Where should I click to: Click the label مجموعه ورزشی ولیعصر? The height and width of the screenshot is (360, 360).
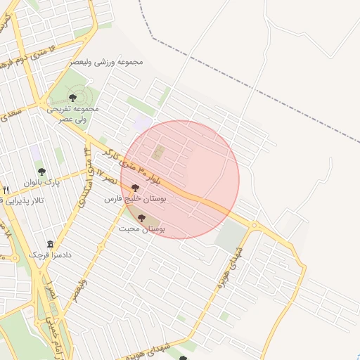coord(106,62)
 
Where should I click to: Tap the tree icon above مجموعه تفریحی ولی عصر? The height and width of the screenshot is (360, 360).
coord(73,97)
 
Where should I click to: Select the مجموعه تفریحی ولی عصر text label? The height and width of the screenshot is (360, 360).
coord(73,115)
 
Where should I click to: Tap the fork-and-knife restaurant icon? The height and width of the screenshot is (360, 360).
coord(6,190)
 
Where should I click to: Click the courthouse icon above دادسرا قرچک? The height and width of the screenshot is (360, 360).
coord(50,243)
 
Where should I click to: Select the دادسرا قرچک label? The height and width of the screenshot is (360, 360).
coord(49,255)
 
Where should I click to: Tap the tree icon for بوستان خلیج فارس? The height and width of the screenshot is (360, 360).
coord(135,187)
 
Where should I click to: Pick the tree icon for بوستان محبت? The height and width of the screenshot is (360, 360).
coord(142,218)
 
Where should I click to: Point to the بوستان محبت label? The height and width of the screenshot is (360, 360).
coord(141,229)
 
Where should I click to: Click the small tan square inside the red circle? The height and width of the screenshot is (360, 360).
coord(159,152)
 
